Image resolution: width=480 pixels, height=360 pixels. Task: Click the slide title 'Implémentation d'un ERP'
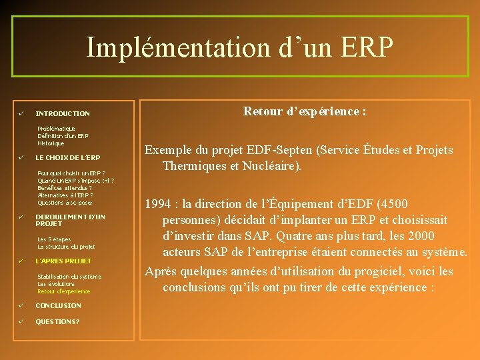pyautogui.click(x=240, y=47)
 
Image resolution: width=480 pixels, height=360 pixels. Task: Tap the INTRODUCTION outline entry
pyautogui.click(x=63, y=114)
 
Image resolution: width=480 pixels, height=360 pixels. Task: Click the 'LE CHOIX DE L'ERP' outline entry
pyautogui.click(x=68, y=158)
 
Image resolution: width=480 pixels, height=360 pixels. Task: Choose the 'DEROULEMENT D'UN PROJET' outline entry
pyautogui.click(x=70, y=220)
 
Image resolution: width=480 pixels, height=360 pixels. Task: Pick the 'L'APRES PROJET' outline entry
pyautogui.click(x=63, y=261)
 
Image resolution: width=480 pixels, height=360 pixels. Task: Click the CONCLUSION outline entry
pyautogui.click(x=58, y=305)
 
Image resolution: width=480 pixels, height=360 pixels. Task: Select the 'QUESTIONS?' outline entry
pyautogui.click(x=57, y=321)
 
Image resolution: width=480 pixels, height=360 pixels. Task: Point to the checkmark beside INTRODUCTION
pyautogui.click(x=21, y=113)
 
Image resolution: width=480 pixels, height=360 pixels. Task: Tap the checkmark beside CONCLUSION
pyautogui.click(x=21, y=305)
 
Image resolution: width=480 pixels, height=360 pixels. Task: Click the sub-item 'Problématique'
pyautogui.click(x=57, y=128)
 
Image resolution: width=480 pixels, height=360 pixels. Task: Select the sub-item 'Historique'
pyautogui.click(x=51, y=143)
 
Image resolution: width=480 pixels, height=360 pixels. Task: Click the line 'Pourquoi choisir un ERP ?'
pyautogui.click(x=71, y=173)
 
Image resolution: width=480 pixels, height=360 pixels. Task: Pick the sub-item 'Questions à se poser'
pyautogui.click(x=65, y=203)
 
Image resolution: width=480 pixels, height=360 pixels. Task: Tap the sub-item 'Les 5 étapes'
pyautogui.click(x=54, y=239)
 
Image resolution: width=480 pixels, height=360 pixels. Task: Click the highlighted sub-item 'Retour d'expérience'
pyautogui.click(x=64, y=291)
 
